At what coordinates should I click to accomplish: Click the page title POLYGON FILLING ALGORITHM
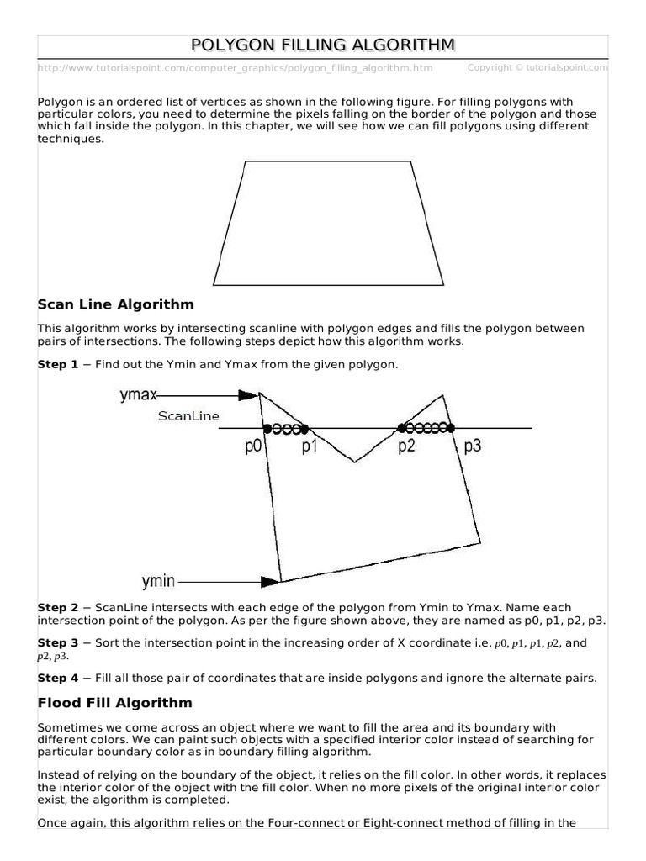(x=324, y=45)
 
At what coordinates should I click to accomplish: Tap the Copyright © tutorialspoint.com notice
(x=537, y=67)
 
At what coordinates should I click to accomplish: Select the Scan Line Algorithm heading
(x=115, y=304)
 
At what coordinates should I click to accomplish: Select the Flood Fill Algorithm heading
(x=114, y=702)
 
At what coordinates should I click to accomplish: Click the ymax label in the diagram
(x=138, y=394)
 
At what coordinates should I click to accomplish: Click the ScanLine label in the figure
(x=189, y=415)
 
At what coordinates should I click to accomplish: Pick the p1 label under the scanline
(x=310, y=447)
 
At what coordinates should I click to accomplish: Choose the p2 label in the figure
(x=407, y=447)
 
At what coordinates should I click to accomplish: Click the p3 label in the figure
(x=472, y=447)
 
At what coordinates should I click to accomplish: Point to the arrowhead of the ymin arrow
(x=270, y=581)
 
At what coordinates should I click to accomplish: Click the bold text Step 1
(x=58, y=364)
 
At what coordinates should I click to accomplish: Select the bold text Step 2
(x=58, y=607)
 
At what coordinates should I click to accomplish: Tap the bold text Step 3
(x=58, y=642)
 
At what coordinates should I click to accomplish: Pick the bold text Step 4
(x=58, y=677)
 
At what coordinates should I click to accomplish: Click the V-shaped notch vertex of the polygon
(x=354, y=462)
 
